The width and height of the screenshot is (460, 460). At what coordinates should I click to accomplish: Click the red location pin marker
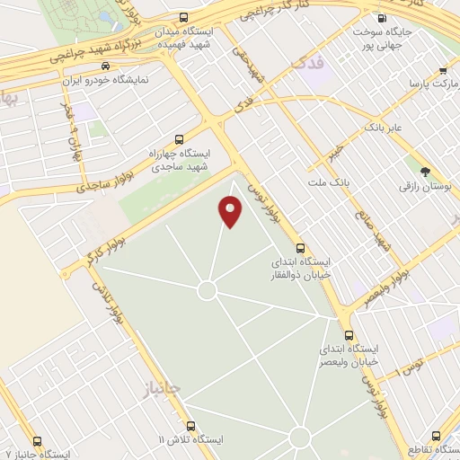pos(232,212)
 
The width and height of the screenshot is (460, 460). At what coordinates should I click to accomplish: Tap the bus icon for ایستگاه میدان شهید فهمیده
pos(184,18)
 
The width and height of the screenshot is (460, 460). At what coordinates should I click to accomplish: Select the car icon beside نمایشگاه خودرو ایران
pos(106,66)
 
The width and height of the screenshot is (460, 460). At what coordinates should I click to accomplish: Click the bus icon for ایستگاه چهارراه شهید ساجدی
pos(179,139)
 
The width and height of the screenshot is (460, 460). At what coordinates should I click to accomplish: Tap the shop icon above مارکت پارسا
pos(442,70)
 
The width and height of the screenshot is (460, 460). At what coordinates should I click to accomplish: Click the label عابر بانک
pos(385,128)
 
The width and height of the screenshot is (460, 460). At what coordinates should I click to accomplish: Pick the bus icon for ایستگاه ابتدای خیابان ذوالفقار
pos(301,248)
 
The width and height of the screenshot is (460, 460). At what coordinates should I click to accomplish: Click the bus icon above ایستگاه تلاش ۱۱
pos(190,426)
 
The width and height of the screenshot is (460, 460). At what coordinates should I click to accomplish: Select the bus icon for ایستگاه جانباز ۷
pos(37,441)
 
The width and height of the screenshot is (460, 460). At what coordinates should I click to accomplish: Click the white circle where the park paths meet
pos(207,290)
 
